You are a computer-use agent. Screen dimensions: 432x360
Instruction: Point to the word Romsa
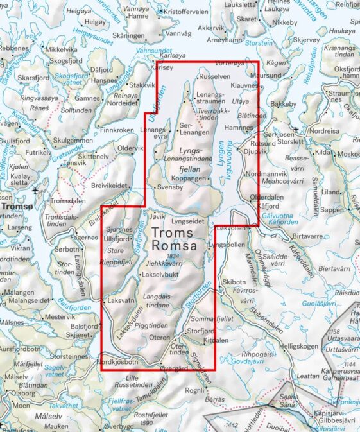(x=174, y=245)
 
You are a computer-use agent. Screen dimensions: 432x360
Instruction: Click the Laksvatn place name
(x=122, y=300)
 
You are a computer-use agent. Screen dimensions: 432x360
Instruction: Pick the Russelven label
(x=215, y=76)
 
